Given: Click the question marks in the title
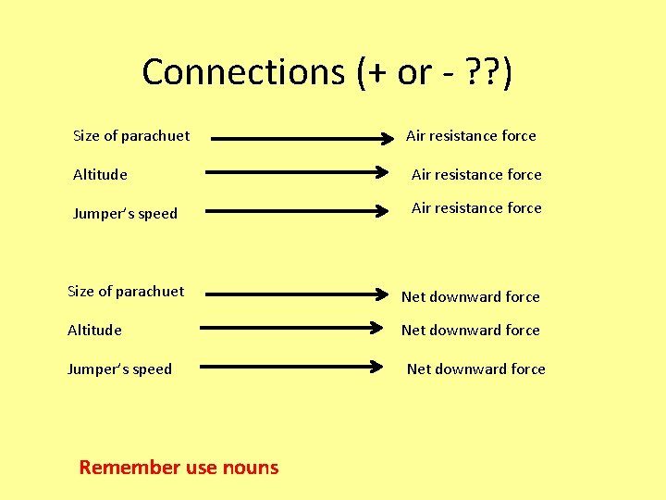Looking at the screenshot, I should [481, 72].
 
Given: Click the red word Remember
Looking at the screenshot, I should [130, 468].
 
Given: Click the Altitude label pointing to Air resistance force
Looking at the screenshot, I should [100, 174].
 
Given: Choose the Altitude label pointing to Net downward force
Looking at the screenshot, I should [94, 330].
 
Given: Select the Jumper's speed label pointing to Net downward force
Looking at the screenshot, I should [119, 369].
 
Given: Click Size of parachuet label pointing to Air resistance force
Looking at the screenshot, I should [131, 135].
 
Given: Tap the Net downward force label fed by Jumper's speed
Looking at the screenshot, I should [475, 369].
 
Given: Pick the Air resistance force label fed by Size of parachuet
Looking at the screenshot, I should [471, 135].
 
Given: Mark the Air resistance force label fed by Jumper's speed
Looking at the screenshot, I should [476, 207].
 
